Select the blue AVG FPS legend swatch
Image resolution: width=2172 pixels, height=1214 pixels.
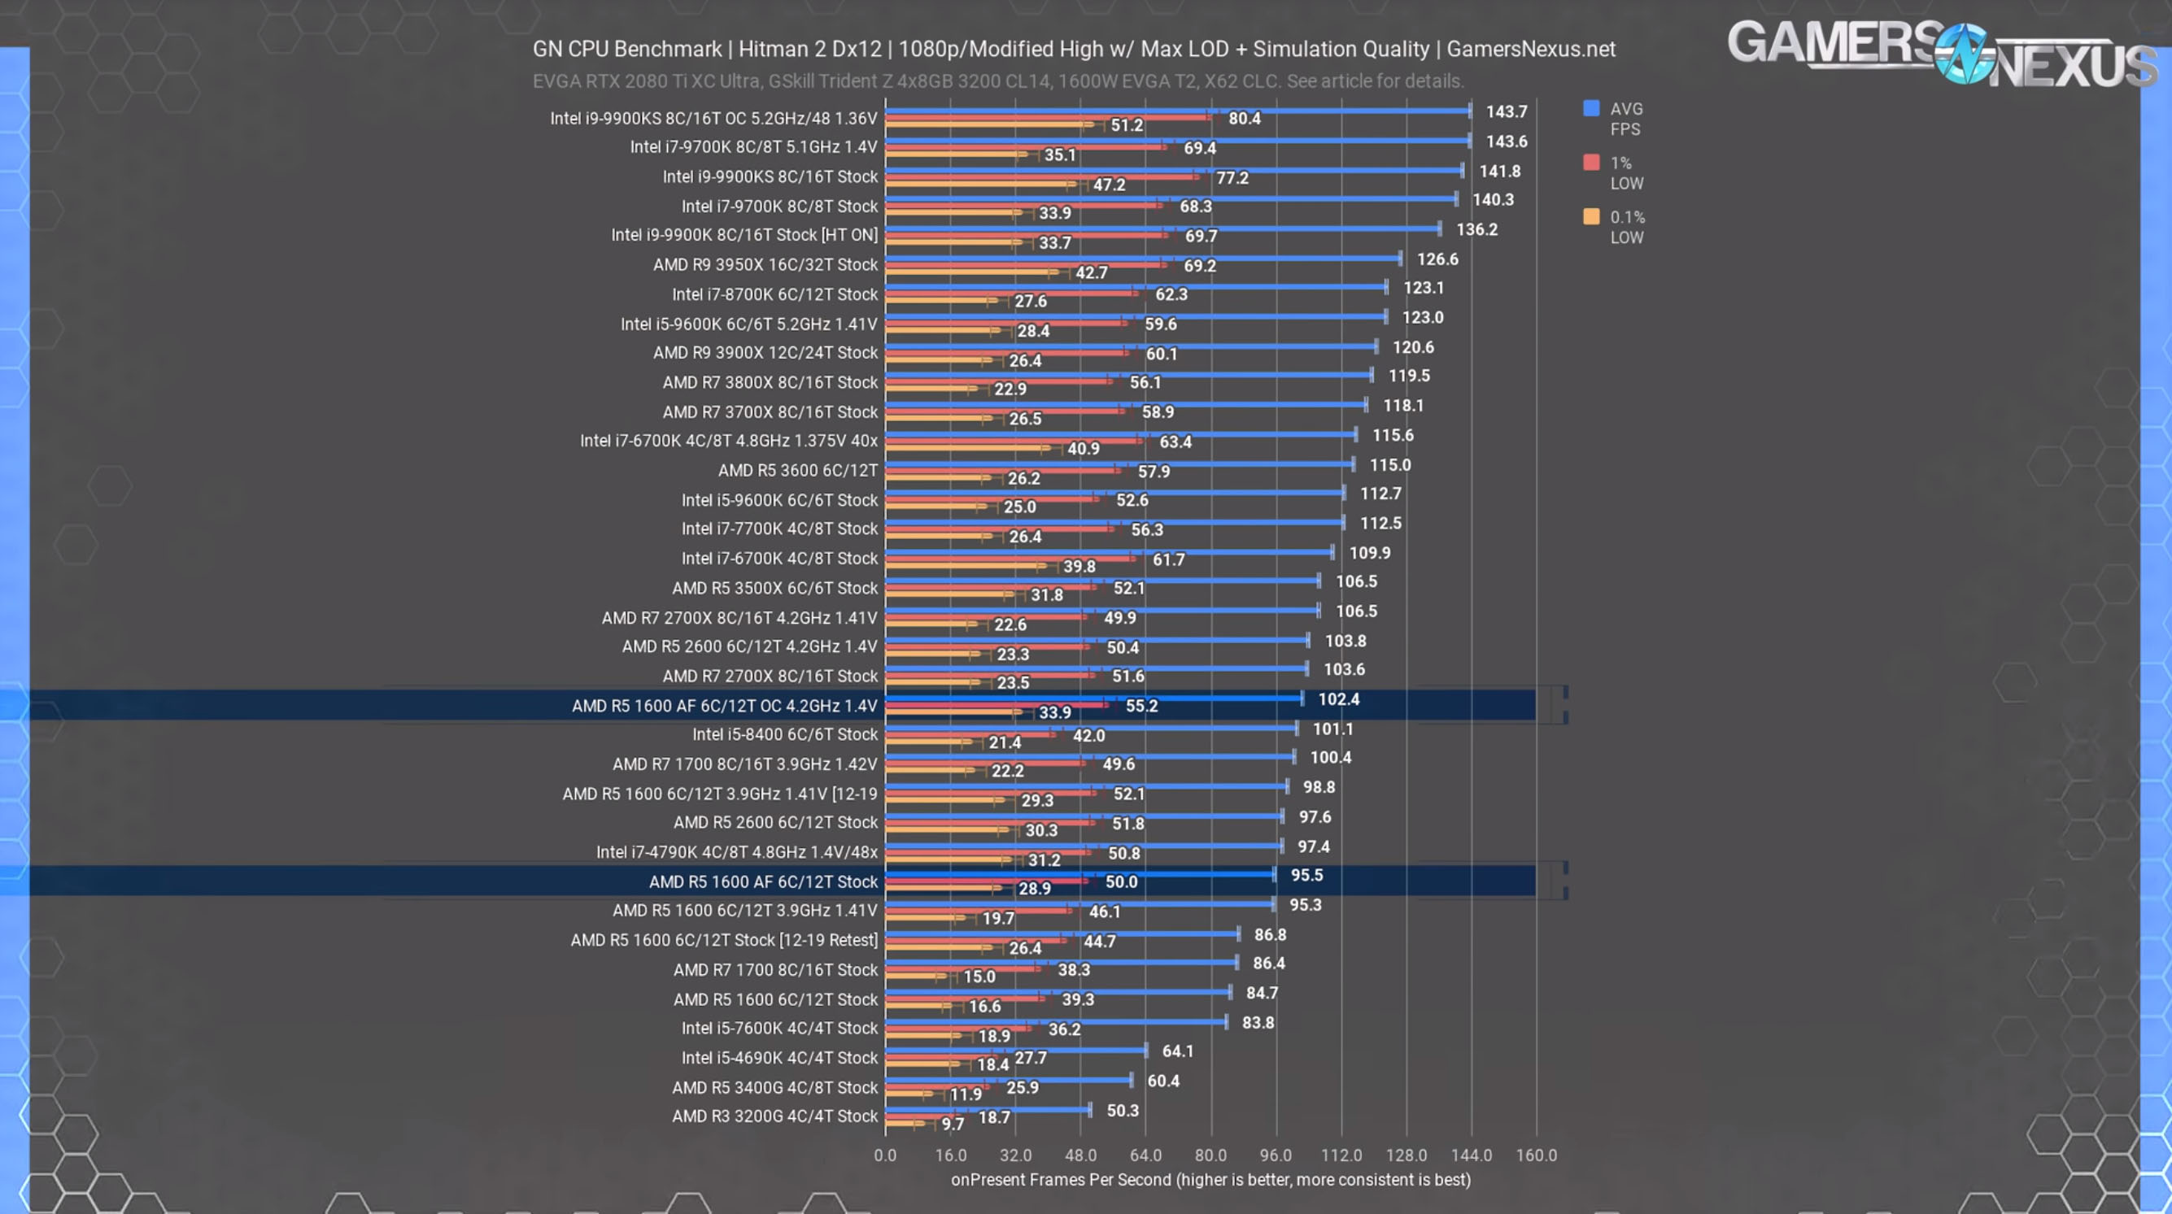(1591, 108)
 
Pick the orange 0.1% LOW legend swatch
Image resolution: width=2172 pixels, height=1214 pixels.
(1591, 216)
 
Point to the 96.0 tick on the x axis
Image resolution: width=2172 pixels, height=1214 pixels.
(1275, 1155)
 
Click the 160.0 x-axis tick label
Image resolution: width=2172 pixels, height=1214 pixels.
(1535, 1155)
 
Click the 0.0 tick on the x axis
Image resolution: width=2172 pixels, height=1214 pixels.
(884, 1155)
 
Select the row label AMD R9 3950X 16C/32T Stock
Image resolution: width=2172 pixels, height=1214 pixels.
(765, 265)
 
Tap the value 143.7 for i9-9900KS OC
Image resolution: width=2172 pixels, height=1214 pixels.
(1506, 111)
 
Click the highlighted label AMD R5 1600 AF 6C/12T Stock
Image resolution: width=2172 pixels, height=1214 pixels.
(763, 881)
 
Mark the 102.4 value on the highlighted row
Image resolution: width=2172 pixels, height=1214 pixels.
(1338, 699)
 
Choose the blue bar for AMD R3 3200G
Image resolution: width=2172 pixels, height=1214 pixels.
(988, 1109)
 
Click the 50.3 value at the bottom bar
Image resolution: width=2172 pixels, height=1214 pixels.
(1123, 1110)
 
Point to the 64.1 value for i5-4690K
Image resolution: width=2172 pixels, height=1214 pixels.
(1177, 1051)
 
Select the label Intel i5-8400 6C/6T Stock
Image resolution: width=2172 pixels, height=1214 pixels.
(784, 734)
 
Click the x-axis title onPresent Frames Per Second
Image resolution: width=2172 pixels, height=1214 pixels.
(1210, 1179)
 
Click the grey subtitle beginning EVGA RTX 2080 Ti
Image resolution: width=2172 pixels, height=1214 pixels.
(997, 81)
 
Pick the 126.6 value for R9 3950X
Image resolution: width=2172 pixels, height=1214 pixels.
(1437, 259)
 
